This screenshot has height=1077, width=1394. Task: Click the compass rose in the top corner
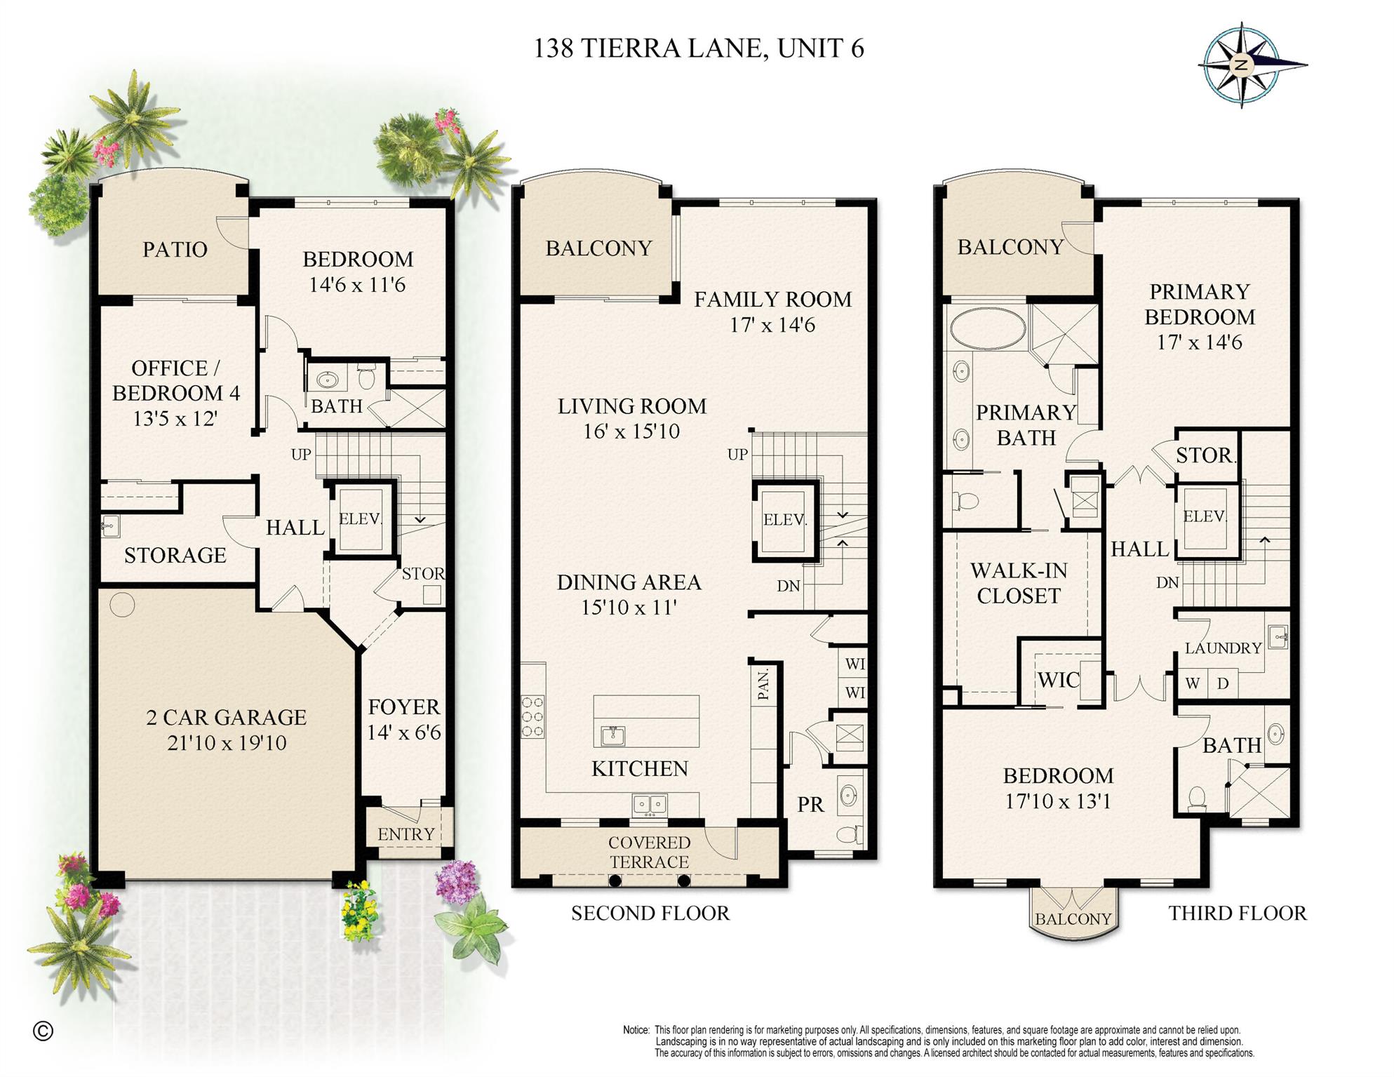click(x=1242, y=65)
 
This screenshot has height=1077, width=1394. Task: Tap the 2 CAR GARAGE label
click(x=227, y=717)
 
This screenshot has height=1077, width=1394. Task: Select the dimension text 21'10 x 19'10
click(x=227, y=742)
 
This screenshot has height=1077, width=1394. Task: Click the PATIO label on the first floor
click(x=175, y=250)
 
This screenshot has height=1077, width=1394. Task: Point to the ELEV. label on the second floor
click(x=785, y=520)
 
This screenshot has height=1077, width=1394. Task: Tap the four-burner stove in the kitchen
click(x=532, y=716)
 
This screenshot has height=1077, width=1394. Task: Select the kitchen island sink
click(x=613, y=735)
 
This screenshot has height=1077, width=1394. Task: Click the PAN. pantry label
click(x=763, y=684)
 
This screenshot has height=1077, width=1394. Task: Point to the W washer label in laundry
click(x=1192, y=683)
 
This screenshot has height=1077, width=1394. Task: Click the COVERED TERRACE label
click(x=649, y=852)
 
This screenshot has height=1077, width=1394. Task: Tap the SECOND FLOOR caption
click(x=650, y=913)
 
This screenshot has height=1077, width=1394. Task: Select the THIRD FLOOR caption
click(x=1238, y=913)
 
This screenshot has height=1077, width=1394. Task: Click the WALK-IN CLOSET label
click(x=1019, y=583)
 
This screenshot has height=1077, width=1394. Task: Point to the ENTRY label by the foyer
click(x=406, y=834)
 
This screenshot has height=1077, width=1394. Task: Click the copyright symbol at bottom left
click(x=43, y=1031)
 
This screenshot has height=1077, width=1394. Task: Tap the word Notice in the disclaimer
click(x=636, y=1030)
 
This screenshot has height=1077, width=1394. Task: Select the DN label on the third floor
click(x=1167, y=582)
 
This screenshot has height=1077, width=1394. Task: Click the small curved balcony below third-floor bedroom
click(x=1073, y=915)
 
